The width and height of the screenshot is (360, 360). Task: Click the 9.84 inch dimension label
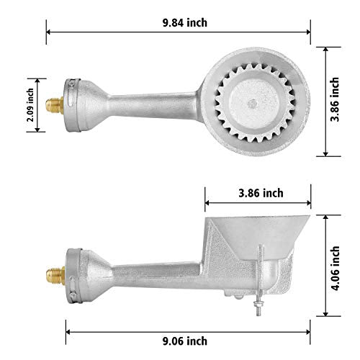(x=185, y=22)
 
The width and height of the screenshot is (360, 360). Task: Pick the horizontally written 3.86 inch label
(x=259, y=192)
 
